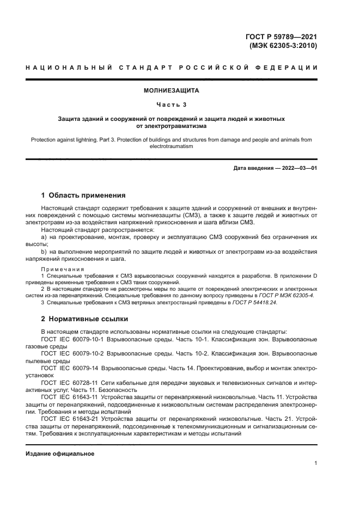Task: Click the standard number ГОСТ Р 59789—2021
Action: [x=281, y=37]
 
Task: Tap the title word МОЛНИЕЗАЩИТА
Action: [x=172, y=90]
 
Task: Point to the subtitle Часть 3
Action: [x=172, y=104]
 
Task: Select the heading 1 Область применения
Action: [x=83, y=195]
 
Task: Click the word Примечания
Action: [x=62, y=269]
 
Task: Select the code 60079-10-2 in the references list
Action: [x=90, y=353]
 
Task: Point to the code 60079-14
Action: [x=87, y=368]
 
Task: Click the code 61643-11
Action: [x=87, y=397]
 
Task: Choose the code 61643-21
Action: [x=87, y=420]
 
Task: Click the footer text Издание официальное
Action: [x=60, y=453]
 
